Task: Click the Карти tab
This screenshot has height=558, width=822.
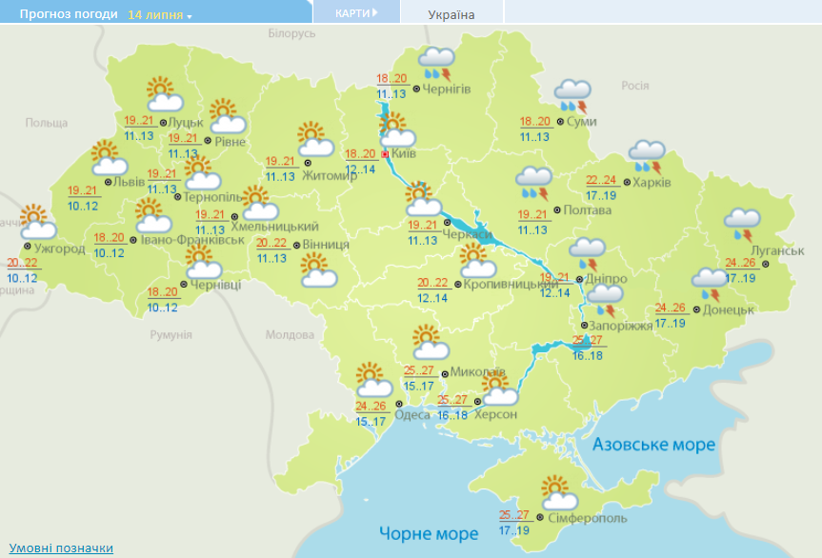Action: pyautogui.click(x=356, y=12)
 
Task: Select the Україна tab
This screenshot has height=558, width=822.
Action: pyautogui.click(x=451, y=14)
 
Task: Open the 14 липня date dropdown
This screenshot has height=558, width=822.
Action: pyautogui.click(x=159, y=15)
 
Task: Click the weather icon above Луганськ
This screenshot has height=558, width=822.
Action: pyautogui.click(x=741, y=224)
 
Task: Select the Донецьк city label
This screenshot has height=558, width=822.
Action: pyautogui.click(x=729, y=309)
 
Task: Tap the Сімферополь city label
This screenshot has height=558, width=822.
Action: pyautogui.click(x=588, y=519)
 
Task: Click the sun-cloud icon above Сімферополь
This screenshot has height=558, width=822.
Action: pyautogui.click(x=559, y=492)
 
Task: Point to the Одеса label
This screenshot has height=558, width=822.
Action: pyautogui.click(x=411, y=414)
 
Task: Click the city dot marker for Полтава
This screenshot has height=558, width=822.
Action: pyautogui.click(x=557, y=209)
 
